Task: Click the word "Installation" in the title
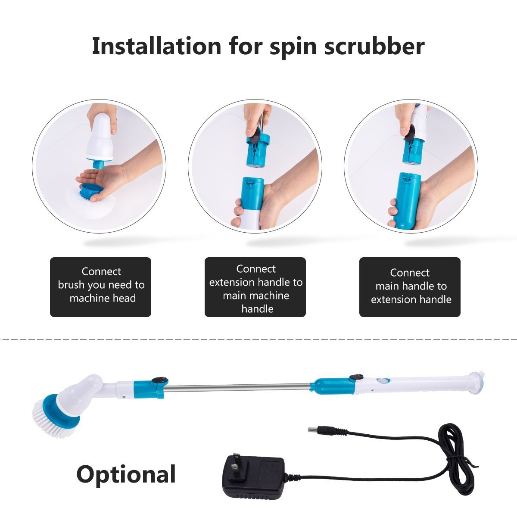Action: tap(156, 47)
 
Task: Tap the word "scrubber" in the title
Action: tap(374, 47)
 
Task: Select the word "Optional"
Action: tap(126, 474)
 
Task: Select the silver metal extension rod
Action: tap(239, 386)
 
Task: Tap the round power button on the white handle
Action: tap(383, 381)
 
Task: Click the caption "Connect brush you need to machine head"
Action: tap(101, 285)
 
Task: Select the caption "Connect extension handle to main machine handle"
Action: tap(255, 289)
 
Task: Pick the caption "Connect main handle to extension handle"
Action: tap(410, 287)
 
